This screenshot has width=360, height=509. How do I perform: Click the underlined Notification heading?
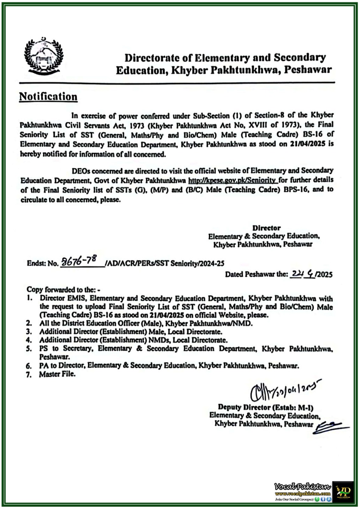click(48, 97)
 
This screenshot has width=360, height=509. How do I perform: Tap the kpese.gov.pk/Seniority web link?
click(233, 180)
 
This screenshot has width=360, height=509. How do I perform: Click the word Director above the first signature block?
click(266, 228)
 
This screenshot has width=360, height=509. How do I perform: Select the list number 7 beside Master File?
click(29, 375)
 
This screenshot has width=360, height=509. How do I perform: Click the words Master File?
click(57, 374)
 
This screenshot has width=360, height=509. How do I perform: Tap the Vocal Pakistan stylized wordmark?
click(303, 486)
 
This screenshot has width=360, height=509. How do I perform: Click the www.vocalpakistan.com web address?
click(303, 493)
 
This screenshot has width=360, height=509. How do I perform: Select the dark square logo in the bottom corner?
click(343, 492)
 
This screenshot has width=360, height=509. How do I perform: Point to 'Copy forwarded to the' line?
click(64, 289)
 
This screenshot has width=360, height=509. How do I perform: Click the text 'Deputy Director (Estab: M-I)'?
click(266, 407)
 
